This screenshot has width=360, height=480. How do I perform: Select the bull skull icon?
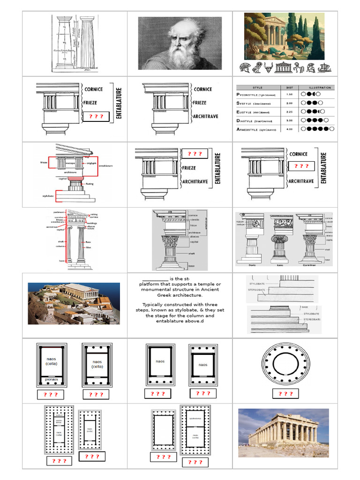point(269,68)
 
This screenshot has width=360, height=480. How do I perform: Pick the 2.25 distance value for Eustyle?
point(289,112)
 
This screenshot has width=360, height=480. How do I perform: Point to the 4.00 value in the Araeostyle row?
point(289,128)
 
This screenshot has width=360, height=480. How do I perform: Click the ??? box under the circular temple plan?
point(285,394)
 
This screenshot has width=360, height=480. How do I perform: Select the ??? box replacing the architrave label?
point(96,116)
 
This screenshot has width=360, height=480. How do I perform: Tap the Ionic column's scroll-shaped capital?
point(280,239)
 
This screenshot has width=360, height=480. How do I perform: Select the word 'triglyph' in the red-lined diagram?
point(91,162)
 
